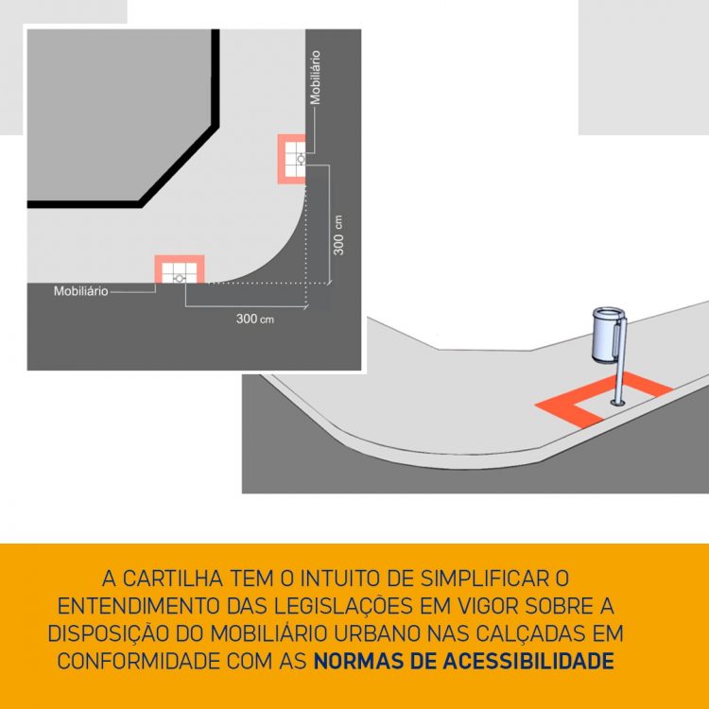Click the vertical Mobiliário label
point(315,78)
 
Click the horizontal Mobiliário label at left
point(81,291)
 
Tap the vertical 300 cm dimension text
point(338,235)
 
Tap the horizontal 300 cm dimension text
point(255,319)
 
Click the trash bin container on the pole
point(608,334)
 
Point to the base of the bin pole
point(617,402)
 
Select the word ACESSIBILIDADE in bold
point(528,661)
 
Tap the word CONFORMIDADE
point(138,661)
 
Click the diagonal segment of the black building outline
point(179,165)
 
